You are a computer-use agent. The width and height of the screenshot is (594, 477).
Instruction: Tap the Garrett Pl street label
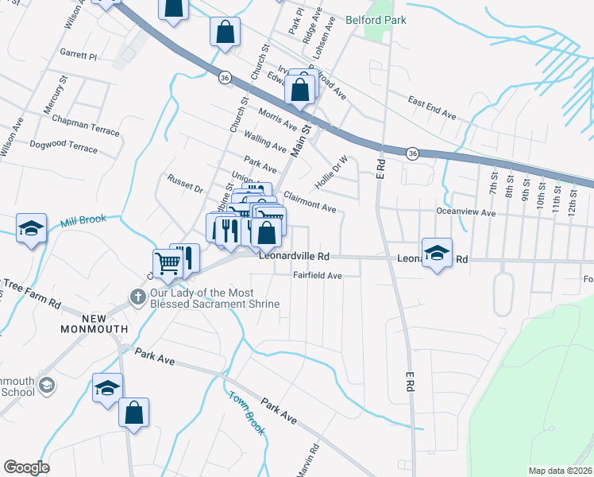[78, 56]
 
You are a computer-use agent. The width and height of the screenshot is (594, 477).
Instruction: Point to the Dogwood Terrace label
[63, 147]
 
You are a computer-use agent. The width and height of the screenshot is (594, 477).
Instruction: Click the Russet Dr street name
[185, 185]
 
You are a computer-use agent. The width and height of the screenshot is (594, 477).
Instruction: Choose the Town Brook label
[247, 413]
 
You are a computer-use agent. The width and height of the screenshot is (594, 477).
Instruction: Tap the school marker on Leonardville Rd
[437, 253]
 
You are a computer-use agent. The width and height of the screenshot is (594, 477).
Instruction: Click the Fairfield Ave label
[317, 276]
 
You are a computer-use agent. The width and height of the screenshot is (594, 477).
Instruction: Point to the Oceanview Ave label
[465, 212]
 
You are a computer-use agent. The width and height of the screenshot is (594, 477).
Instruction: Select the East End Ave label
[432, 108]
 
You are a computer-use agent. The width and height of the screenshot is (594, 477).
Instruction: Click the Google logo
[26, 467]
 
